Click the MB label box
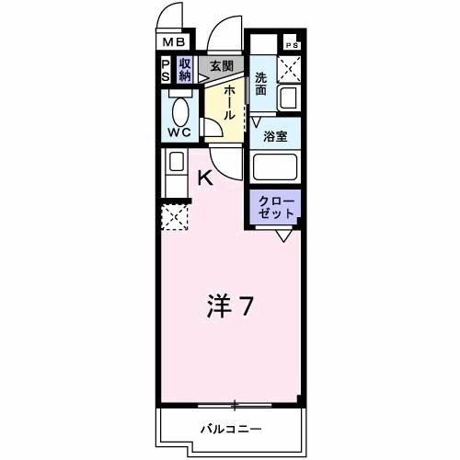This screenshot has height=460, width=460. (174, 42)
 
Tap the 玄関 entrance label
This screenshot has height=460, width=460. (221, 65)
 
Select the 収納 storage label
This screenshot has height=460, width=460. (184, 69)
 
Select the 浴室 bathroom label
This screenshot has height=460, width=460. (273, 135)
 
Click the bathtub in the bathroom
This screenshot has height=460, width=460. (276, 167)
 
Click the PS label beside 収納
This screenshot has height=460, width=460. (166, 69)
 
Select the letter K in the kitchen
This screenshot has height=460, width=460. (206, 178)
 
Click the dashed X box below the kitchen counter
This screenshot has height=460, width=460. (174, 217)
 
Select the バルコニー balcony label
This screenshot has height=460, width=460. (231, 429)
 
